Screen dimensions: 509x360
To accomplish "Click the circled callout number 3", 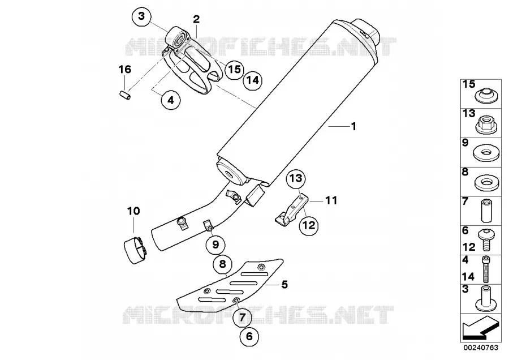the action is (x=141, y=16).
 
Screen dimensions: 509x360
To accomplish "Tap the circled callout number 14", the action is (x=253, y=80).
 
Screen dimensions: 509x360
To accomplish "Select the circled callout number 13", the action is (x=296, y=178).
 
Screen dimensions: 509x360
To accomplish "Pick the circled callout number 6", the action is (x=249, y=336).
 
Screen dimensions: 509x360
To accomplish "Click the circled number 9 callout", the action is (x=216, y=245).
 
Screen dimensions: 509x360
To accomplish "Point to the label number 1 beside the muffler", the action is (x=354, y=126).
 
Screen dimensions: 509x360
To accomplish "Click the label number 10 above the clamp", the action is (x=133, y=211).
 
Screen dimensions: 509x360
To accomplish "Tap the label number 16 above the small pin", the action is (x=125, y=69).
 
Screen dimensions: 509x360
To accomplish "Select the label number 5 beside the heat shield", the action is (x=284, y=285).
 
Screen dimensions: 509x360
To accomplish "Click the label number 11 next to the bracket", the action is (x=331, y=200).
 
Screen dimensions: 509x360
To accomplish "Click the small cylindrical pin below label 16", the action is (x=124, y=95).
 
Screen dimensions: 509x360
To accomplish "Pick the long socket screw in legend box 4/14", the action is (x=486, y=269).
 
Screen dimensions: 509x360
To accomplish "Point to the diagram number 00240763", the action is (x=481, y=348).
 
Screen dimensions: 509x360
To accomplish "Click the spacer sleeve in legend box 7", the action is (x=486, y=210).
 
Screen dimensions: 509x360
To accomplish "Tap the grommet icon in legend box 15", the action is (x=486, y=96).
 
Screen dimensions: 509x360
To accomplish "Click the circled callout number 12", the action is (x=309, y=225).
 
